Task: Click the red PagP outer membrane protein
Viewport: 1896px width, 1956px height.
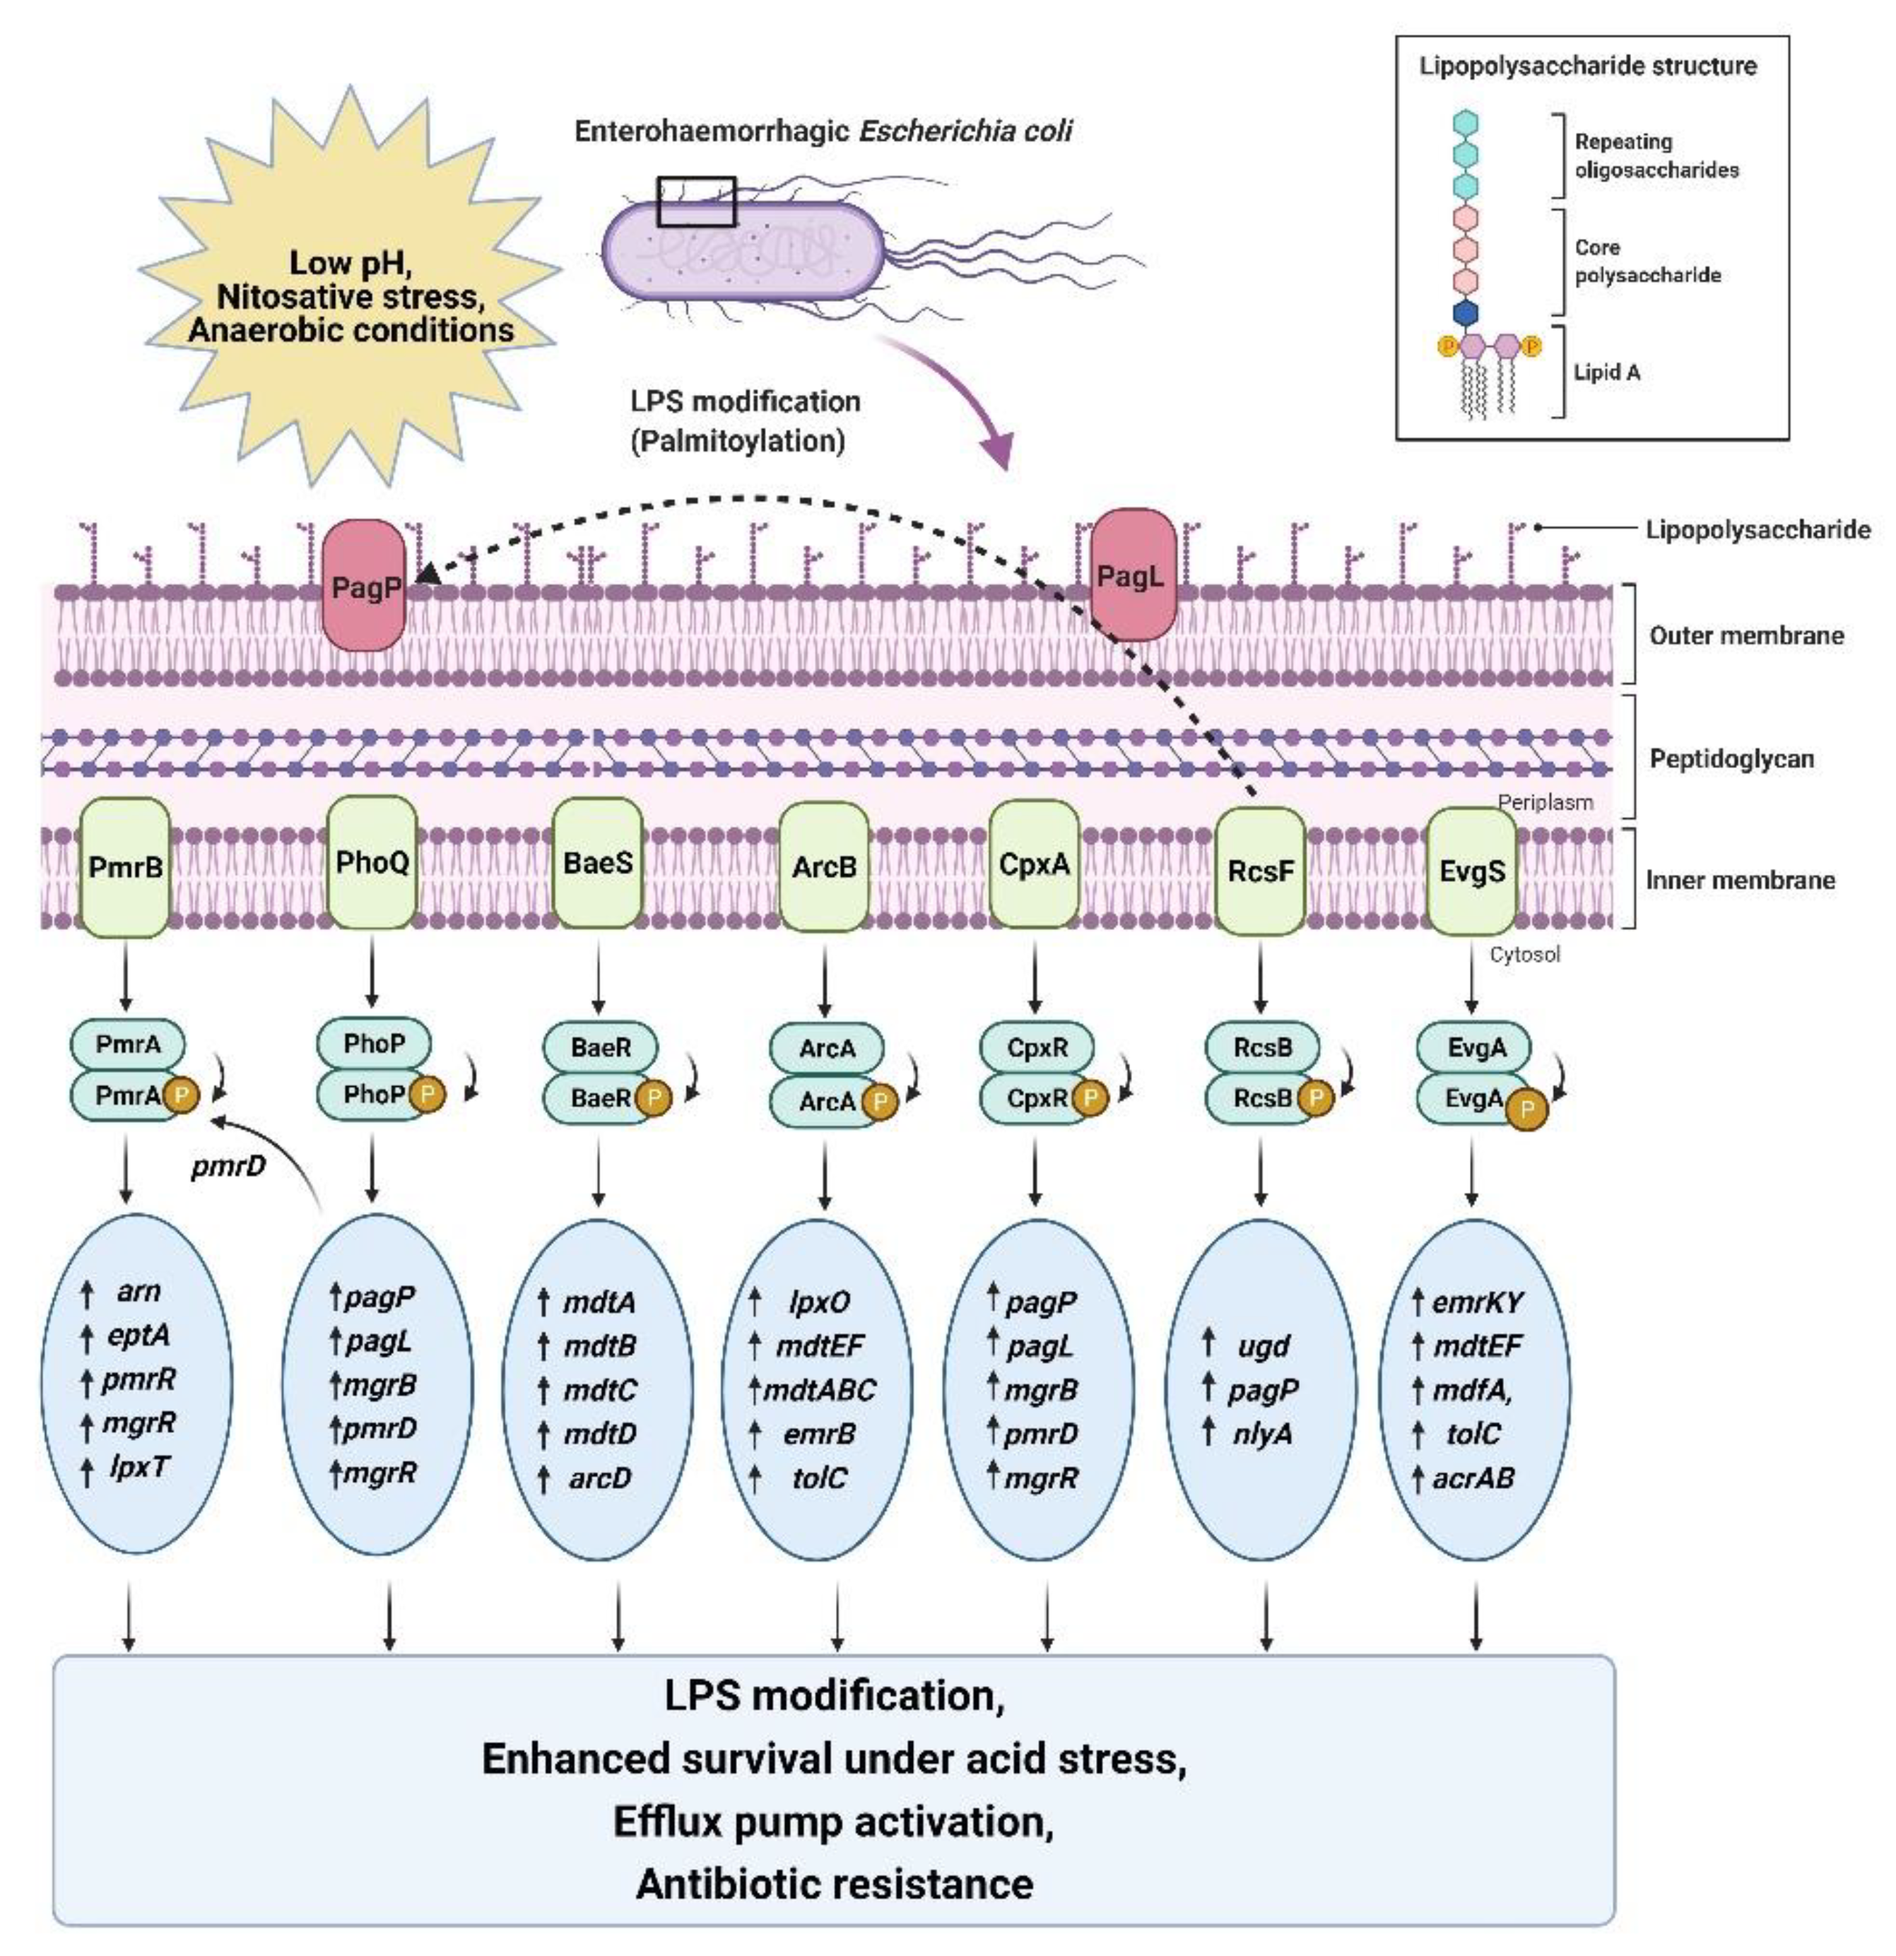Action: [x=363, y=586]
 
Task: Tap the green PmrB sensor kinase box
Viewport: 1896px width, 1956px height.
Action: [x=125, y=866]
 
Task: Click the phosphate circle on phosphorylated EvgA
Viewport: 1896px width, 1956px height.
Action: [x=1526, y=1109]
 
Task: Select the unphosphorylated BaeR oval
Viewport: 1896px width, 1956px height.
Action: [x=600, y=1047]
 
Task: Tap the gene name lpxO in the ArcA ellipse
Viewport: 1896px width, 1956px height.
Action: [x=819, y=1302]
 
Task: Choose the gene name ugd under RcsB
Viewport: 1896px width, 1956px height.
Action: [x=1264, y=1345]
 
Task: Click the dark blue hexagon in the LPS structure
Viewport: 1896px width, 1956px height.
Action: [x=1465, y=313]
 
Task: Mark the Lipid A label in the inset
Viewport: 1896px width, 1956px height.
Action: [x=1606, y=372]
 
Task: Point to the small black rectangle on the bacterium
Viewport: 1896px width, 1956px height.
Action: [x=695, y=201]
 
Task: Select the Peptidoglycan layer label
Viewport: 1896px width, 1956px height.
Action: [x=1731, y=758]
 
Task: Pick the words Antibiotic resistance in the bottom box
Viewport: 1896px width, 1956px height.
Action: [x=835, y=1884]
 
